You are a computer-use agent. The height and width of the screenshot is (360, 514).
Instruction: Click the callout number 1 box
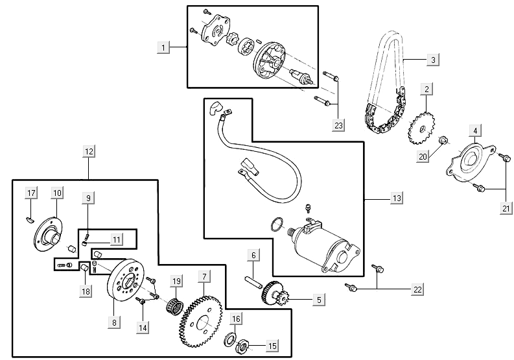(165, 47)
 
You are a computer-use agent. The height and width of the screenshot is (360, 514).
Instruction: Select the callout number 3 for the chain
(433, 60)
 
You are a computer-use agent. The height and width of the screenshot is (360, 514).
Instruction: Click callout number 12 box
(89, 152)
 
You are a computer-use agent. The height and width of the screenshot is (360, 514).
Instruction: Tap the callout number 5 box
(318, 300)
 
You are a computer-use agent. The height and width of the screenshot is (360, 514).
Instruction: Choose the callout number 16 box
(236, 318)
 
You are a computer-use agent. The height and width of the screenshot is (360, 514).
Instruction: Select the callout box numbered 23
(339, 125)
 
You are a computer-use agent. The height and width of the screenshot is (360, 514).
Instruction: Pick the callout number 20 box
(423, 156)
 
